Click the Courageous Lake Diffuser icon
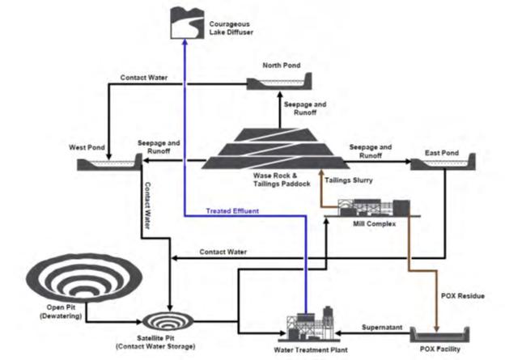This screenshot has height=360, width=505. pos(185,21)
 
